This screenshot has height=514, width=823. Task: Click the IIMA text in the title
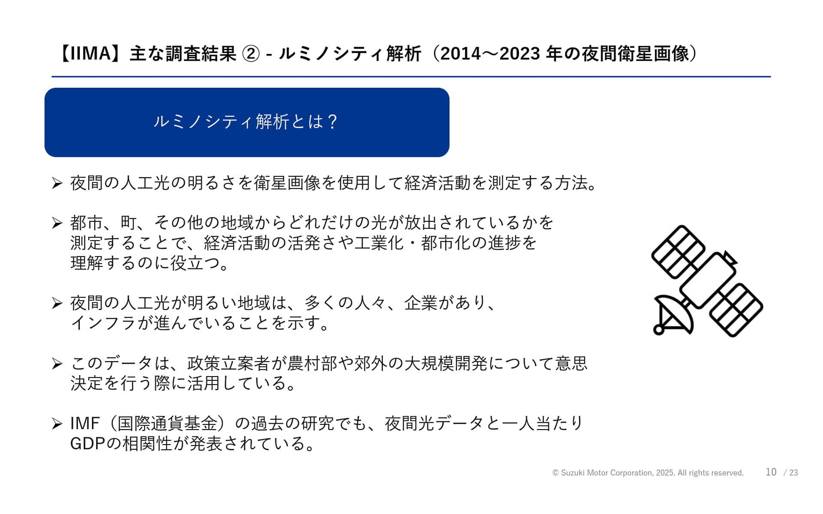pos(90,54)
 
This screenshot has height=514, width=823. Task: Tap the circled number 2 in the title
pos(251,54)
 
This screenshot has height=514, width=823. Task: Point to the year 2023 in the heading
pos(520,54)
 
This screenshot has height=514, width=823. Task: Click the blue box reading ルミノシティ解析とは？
pos(246,122)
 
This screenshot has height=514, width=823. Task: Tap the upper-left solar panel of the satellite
pos(678,251)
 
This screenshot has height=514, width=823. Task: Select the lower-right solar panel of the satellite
pos(736,310)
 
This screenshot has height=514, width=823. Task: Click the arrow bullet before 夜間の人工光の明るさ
pos(57,183)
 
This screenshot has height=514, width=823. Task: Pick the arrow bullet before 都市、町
pos(57,223)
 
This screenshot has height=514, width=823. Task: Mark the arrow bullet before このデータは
pos(57,364)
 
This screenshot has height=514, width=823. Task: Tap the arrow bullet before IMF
pos(57,424)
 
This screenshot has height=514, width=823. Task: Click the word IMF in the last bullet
pos(84,424)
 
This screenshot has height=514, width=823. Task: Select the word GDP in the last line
pos(87,444)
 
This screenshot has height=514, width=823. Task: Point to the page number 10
pos(771,472)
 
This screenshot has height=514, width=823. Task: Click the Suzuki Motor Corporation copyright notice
pos(648,473)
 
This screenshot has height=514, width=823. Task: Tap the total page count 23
pos(793,473)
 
